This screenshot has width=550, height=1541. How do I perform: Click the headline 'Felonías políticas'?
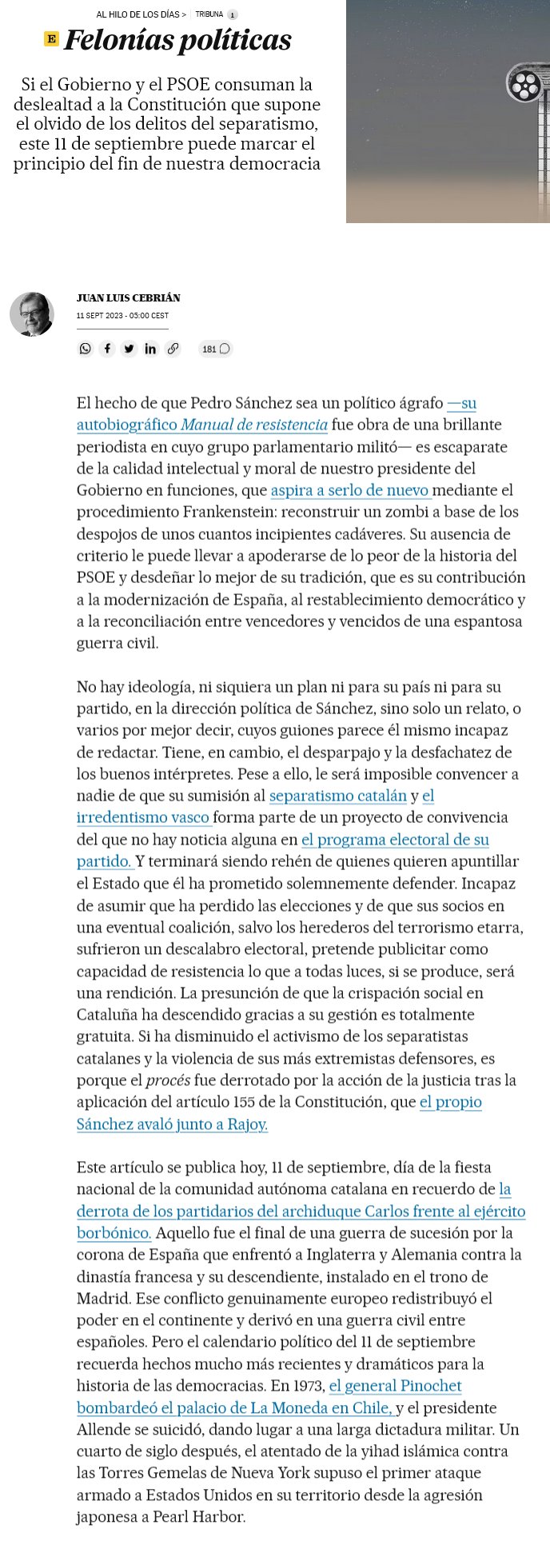point(177,40)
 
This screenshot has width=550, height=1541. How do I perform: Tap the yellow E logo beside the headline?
point(51,39)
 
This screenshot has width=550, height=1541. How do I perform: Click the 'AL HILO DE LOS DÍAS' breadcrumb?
point(141,14)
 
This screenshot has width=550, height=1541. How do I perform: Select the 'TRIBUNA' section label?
point(209,14)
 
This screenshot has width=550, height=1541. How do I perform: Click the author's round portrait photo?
point(32,314)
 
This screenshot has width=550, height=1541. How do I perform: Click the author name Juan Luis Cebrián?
point(128,298)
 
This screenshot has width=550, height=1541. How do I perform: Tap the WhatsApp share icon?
point(86,349)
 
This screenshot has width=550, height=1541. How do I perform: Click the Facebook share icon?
point(107,349)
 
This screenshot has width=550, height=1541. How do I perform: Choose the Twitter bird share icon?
point(129,349)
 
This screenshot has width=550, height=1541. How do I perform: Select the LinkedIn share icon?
point(150,349)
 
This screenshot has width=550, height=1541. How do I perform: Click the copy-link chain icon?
point(173,349)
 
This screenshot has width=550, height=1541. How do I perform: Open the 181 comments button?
point(216,349)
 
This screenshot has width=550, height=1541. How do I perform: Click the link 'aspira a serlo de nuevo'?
point(351,490)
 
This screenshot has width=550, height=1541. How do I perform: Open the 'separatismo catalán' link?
point(338,796)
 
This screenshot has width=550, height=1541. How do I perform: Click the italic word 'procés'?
point(167,1080)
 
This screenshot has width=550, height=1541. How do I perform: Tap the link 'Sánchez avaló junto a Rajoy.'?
point(172,1124)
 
